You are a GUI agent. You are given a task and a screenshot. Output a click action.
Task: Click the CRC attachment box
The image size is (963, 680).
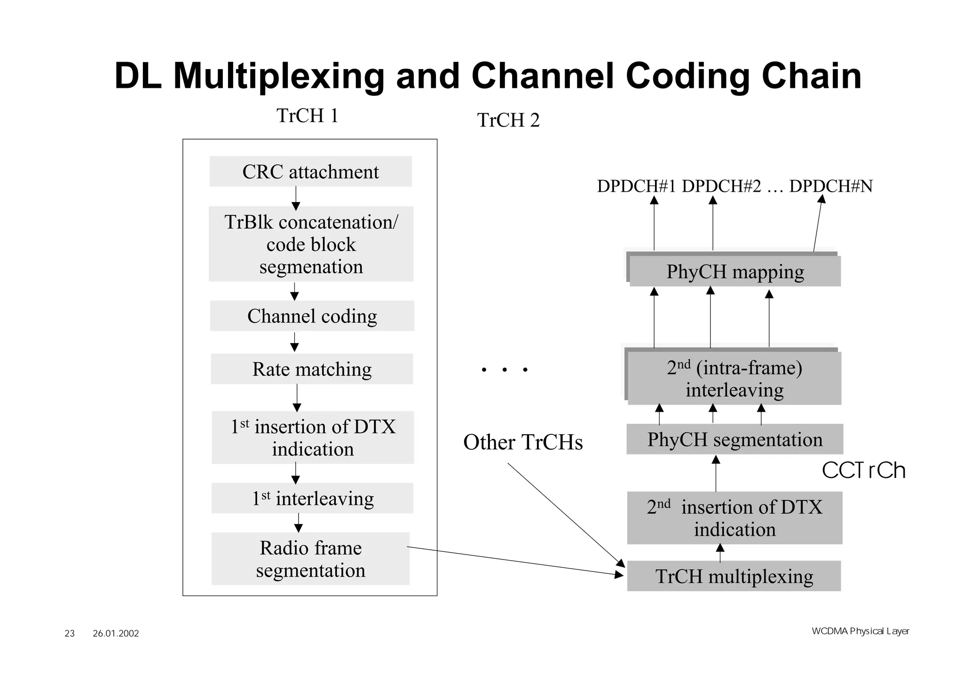coord(310,172)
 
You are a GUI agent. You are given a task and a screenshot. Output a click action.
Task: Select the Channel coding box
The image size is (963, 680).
coord(312,316)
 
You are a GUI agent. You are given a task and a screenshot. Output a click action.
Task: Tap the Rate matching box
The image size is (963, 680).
coord(312,369)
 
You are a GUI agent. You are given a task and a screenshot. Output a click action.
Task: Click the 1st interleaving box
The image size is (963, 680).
coord(312,498)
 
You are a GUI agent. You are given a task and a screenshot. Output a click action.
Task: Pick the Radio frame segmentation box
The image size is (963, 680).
coord(310,559)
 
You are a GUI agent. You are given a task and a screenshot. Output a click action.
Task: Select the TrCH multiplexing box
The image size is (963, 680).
coord(734,576)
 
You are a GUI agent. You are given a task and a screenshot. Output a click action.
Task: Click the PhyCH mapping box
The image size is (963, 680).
coord(735,272)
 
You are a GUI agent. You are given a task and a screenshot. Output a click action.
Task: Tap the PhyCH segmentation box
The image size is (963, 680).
coord(734,439)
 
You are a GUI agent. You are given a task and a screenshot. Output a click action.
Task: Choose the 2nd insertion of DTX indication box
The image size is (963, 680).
coord(734,518)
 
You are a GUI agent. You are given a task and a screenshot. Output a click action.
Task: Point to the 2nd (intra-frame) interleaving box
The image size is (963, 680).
coord(734,378)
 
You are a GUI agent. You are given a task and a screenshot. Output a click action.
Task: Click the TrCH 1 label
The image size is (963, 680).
coord(308,116)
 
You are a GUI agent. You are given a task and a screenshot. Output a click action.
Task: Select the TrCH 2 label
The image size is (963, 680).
coord(508,120)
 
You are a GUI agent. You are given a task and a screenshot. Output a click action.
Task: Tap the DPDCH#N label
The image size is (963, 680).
coord(831,187)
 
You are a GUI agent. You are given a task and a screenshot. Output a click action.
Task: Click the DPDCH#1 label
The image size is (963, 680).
coord(636,187)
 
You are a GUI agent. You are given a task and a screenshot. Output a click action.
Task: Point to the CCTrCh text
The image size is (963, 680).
coord(863,470)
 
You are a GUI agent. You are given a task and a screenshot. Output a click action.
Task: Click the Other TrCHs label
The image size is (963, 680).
coord(523,442)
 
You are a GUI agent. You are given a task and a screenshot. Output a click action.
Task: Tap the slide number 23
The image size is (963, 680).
coord(70,633)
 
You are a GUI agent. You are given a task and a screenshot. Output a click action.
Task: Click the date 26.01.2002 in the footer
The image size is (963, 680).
coord(116,633)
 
